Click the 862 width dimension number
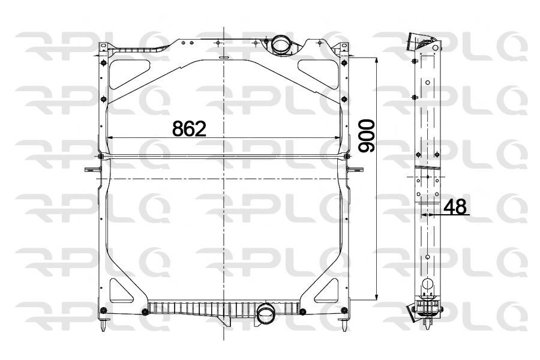(189, 128)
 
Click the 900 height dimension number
(366, 136)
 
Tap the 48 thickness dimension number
(455, 206)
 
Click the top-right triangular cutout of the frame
(319, 73)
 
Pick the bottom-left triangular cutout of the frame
(122, 291)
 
